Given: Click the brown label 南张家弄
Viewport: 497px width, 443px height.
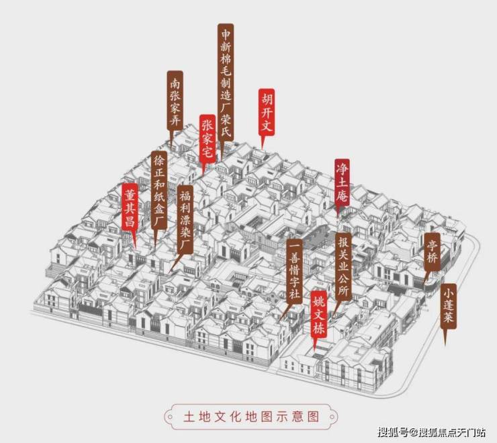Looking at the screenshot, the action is pyautogui.click(x=175, y=101).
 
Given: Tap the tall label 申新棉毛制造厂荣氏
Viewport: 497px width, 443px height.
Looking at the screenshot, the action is pyautogui.click(x=226, y=82).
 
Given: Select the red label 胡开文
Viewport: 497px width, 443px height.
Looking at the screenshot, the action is pyautogui.click(x=267, y=112).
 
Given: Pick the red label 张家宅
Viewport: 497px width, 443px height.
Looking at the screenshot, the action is pyautogui.click(x=208, y=139).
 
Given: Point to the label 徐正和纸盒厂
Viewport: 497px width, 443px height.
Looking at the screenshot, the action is pyautogui.click(x=159, y=190).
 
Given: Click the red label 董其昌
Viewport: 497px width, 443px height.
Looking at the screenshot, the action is pyautogui.click(x=130, y=206).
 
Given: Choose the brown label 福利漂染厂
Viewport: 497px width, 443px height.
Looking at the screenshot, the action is pyautogui.click(x=185, y=219).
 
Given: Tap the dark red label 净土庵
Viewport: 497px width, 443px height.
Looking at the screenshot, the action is pyautogui.click(x=343, y=182).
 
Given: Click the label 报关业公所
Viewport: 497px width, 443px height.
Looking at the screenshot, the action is pyautogui.click(x=344, y=266).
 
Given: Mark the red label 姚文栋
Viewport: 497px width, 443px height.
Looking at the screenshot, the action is pyautogui.click(x=318, y=315).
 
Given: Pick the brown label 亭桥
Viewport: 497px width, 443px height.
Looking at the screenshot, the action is pyautogui.click(x=433, y=251).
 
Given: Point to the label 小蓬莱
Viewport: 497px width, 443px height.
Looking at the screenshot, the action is pyautogui.click(x=449, y=306).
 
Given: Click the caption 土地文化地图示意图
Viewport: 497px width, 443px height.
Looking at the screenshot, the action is pyautogui.click(x=251, y=416).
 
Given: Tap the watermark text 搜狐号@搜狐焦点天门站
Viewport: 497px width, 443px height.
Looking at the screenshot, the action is pyautogui.click(x=431, y=432).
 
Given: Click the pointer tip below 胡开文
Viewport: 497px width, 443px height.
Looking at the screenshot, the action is pyautogui.click(x=262, y=149).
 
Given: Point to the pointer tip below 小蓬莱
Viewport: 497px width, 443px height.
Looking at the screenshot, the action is pyautogui.click(x=445, y=346).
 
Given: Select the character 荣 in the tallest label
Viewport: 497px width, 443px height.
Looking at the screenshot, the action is pyautogui.click(x=226, y=119).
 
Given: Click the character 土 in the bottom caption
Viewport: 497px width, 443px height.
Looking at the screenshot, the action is pyautogui.click(x=189, y=416).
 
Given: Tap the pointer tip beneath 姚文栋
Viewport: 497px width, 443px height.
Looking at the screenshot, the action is pyautogui.click(x=314, y=350).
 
